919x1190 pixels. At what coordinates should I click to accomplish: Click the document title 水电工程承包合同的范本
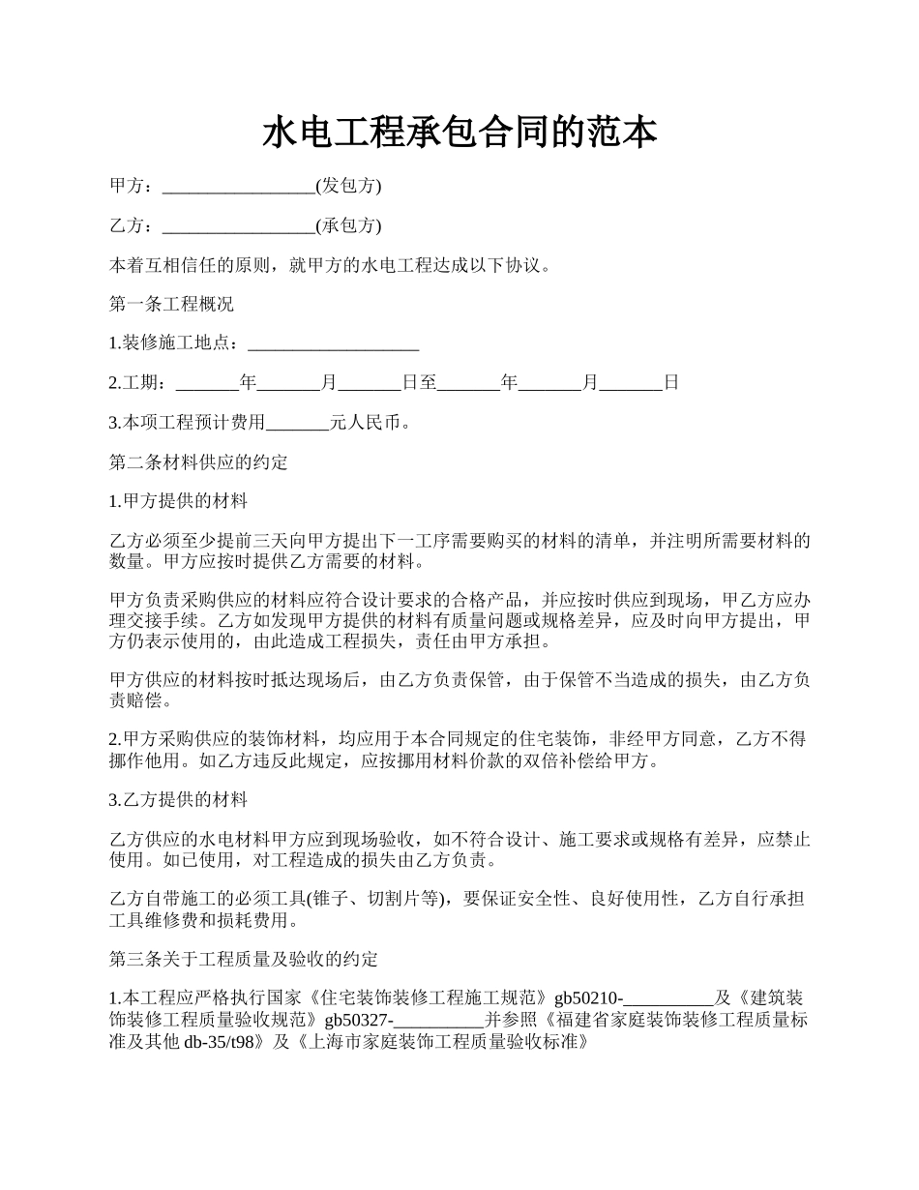459,134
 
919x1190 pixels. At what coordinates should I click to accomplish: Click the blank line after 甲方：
239,187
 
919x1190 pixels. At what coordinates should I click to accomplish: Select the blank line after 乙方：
239,227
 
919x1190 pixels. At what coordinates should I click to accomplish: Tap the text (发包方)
348,186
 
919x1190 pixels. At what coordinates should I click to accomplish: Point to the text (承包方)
348,226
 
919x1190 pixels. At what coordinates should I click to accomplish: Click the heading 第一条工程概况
171,304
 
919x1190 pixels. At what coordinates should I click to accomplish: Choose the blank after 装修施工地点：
333,344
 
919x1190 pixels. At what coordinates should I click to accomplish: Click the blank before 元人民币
297,424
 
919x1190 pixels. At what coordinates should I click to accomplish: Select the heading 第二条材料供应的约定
198,462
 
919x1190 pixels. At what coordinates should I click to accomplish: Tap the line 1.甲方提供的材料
178,501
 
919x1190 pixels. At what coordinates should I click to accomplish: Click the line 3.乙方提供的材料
178,800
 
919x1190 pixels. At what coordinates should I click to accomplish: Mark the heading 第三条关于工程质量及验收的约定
243,960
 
